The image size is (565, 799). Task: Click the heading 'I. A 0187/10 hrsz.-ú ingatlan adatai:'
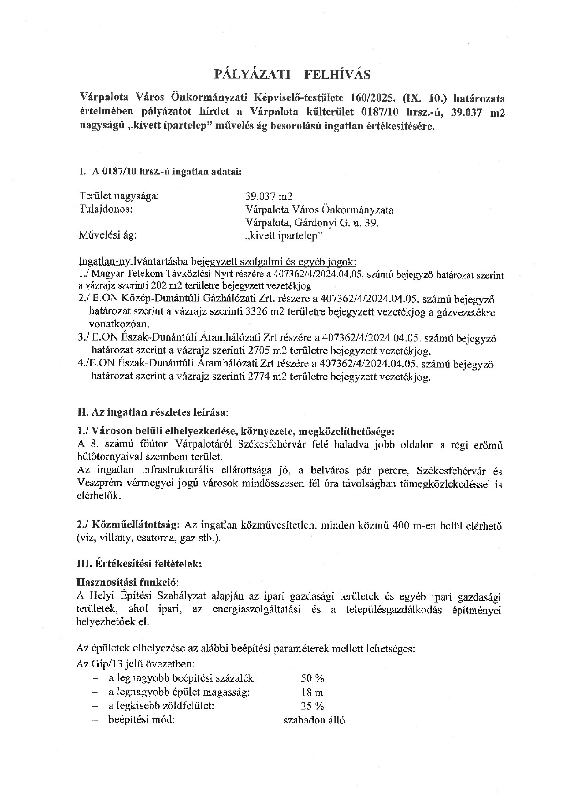160,172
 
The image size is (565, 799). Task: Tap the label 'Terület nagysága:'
119,196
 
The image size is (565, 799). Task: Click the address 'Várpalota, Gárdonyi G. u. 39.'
312,223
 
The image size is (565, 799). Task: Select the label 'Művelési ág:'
108,235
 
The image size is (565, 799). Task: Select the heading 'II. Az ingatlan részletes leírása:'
153,413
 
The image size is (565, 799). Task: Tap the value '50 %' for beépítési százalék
312,678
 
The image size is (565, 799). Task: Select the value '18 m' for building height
312,692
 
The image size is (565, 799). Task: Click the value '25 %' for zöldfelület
312,706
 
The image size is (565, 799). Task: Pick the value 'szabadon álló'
314,720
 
